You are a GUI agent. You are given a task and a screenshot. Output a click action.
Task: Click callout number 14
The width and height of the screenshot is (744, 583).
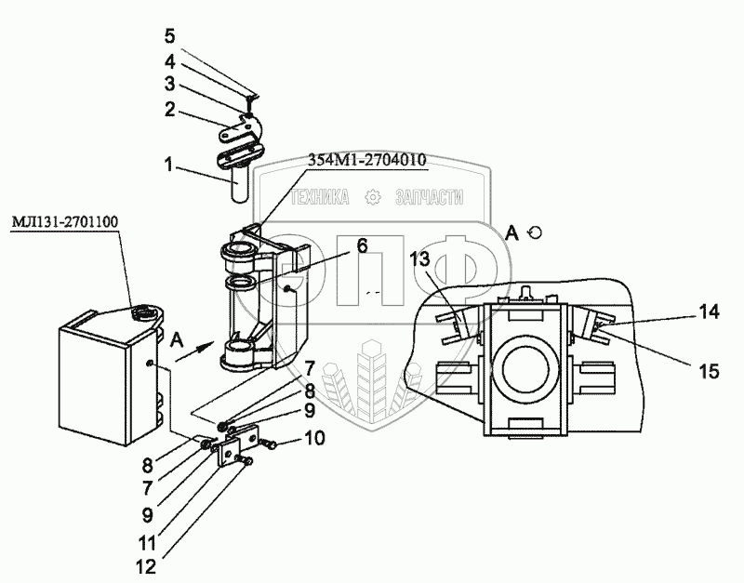pos(710,313)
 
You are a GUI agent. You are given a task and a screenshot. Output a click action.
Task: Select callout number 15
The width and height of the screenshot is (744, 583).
pos(710,371)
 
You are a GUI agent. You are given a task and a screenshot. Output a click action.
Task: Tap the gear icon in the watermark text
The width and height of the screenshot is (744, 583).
pos(373,197)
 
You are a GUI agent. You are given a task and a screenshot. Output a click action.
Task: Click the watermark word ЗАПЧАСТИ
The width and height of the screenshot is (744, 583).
pos(430,197)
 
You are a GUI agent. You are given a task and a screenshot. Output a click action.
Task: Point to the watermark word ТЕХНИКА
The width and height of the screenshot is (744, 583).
pos(320,197)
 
